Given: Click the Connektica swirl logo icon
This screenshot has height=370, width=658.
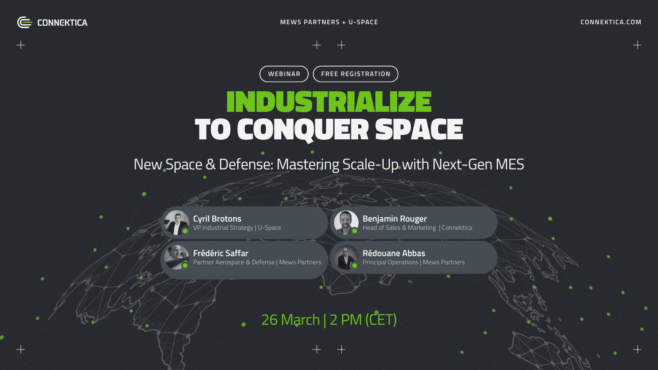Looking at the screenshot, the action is pos(25,22).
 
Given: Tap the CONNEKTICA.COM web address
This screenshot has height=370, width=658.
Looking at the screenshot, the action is pos(611,22).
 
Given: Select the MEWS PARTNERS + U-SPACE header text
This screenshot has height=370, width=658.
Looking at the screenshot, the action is pos(329,22).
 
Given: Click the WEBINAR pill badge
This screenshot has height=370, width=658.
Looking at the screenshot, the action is pos(284,74).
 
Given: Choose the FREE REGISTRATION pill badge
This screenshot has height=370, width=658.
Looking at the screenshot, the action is pos(355,74).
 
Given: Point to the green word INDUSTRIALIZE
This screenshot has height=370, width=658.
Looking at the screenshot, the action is pos(329,102).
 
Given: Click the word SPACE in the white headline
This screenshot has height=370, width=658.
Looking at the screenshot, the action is pos(419,129).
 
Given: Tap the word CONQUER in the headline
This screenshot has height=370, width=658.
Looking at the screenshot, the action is pos(303,130).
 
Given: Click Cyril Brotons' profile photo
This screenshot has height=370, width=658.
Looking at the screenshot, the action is pos(176,222).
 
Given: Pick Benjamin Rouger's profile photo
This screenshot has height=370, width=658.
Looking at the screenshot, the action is pos(346,222).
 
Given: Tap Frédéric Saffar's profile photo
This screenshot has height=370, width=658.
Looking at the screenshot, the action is pos(176,257).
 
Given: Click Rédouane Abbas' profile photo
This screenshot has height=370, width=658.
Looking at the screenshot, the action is pos(346,257).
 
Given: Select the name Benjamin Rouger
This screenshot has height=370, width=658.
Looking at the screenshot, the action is pos(394,219).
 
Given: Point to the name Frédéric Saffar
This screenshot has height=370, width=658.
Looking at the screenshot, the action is pos(220,253).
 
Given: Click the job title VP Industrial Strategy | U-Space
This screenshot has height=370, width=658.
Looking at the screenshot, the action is pos(237,228).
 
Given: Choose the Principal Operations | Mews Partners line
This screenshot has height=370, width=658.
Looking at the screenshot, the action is pos(414,262).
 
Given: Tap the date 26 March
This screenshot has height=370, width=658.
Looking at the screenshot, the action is pos(290,320).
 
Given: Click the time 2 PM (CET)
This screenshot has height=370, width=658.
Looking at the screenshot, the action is pos(363,320).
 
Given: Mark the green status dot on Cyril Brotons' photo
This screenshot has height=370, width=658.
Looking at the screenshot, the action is pos(185,231).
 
